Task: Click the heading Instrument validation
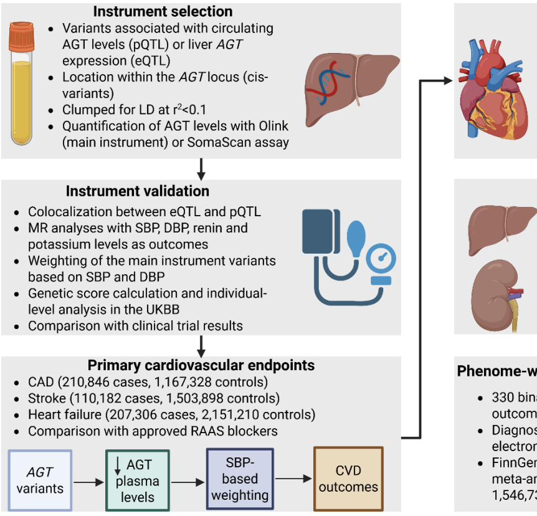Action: pos(138,191)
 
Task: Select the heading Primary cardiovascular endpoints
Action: pos(201,365)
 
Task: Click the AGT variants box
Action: pos(40,480)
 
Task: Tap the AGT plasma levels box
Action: pos(138,480)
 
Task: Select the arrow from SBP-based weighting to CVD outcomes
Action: pos(293,479)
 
